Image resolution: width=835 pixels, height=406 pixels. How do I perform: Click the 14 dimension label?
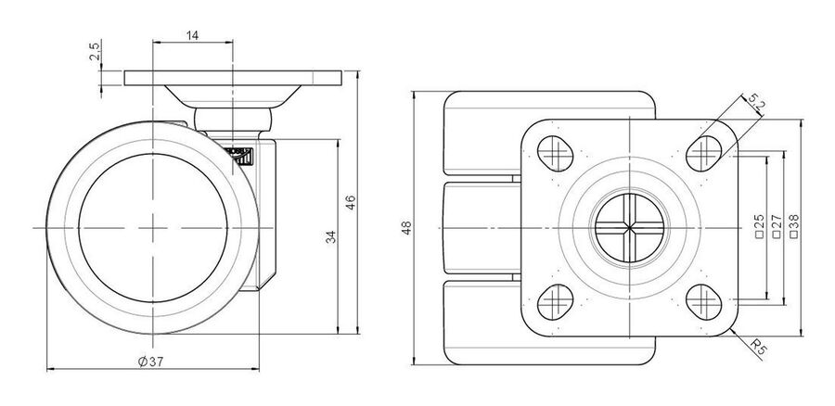point(192,35)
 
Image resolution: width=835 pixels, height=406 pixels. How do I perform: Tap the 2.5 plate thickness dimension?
point(94,52)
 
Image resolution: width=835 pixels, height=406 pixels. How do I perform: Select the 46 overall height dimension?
point(351,202)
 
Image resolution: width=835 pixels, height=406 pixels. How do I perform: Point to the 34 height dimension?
point(331,236)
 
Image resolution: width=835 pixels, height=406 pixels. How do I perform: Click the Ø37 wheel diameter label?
point(150,362)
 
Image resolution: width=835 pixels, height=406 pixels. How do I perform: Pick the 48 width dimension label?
point(407,228)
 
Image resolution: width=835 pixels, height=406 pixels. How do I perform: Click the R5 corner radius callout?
point(759,348)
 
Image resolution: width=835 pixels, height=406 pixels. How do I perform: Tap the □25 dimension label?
point(760,225)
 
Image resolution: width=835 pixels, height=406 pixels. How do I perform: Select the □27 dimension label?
point(777,225)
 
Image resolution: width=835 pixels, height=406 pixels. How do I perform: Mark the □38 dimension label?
point(794,225)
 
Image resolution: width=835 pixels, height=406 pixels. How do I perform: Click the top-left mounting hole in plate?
point(555,153)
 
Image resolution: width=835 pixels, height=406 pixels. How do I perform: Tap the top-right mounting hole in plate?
point(703,153)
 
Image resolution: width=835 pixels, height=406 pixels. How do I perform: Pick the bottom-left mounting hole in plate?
point(555,301)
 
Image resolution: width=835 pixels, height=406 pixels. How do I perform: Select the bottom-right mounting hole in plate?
point(703,301)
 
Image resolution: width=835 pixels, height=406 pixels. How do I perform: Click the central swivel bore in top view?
point(629,228)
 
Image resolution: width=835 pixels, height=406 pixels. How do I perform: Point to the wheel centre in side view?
point(153,228)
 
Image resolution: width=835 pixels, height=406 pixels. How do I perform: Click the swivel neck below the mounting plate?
point(233,120)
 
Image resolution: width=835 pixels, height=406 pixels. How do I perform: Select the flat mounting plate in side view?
point(233,78)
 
